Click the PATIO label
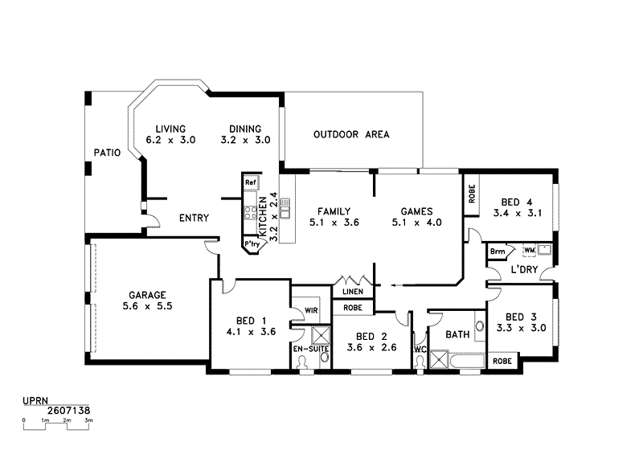[x=107, y=152]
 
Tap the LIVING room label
[x=170, y=129]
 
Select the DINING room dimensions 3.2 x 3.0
[x=245, y=140]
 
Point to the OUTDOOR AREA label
[x=351, y=134]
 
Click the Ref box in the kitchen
[x=250, y=183]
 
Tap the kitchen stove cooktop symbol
[x=250, y=214]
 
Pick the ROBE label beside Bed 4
[x=472, y=193]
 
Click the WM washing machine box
[x=529, y=250]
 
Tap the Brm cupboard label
[x=498, y=252]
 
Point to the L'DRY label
[x=524, y=269]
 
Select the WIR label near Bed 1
[x=309, y=311]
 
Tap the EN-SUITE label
[x=309, y=350]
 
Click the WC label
[x=419, y=350]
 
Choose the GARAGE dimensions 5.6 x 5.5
[x=148, y=306]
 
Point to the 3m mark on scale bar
[x=88, y=419]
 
